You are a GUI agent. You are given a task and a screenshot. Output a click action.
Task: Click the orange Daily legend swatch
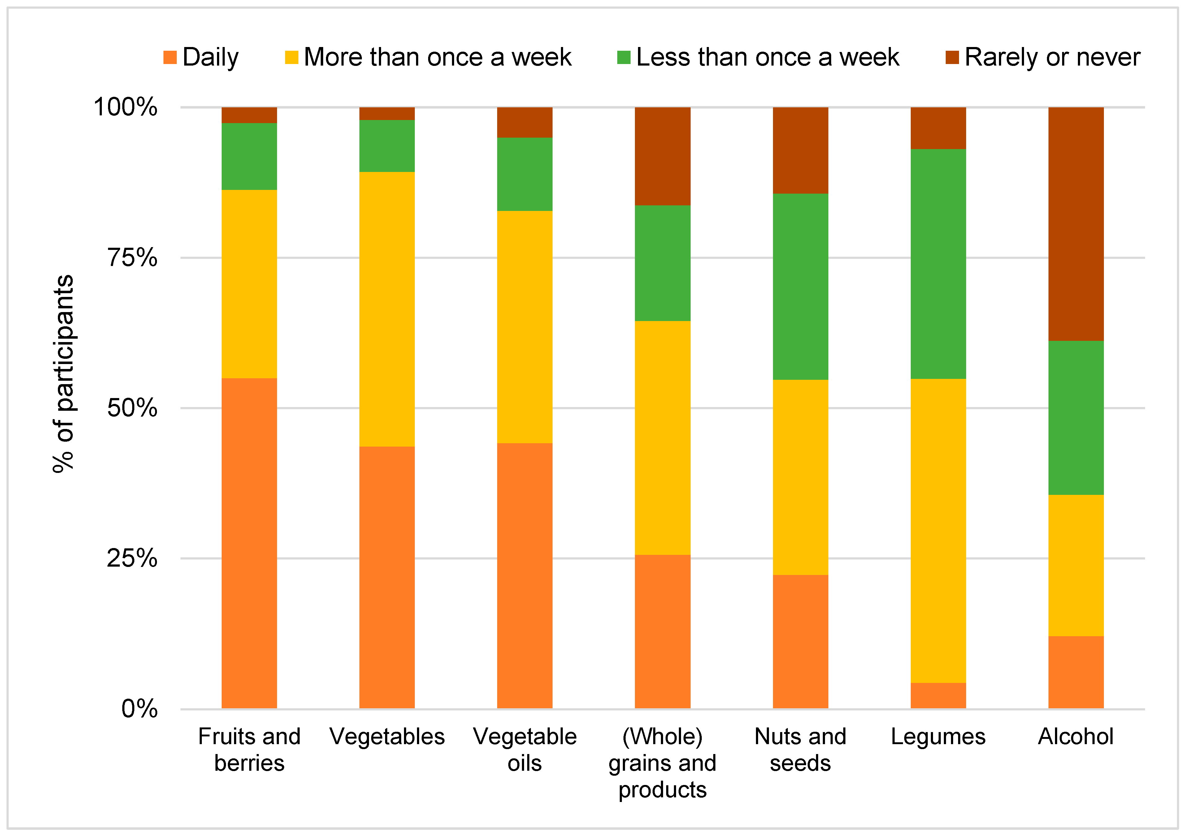[x=170, y=57]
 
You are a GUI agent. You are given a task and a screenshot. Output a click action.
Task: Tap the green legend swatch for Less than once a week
[x=623, y=57]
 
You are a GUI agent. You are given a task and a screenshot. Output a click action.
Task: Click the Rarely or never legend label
[x=1052, y=57]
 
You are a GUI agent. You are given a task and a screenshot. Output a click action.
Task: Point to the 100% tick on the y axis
[x=125, y=107]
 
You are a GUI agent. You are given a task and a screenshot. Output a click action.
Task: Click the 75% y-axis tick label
[x=132, y=257]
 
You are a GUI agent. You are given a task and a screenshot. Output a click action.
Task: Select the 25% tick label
[x=132, y=558]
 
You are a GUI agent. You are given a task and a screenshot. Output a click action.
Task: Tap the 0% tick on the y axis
[x=139, y=709]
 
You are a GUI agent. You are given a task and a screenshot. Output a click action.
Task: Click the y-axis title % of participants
[x=64, y=374]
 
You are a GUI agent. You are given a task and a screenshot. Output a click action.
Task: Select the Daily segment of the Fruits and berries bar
[x=249, y=543]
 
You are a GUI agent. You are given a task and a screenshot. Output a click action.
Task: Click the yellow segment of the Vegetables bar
[x=387, y=309]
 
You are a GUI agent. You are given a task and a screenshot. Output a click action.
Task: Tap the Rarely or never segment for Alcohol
[x=1076, y=224]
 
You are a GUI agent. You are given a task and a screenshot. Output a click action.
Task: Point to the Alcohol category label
[x=1076, y=736]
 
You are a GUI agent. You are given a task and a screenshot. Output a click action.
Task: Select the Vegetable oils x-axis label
[x=524, y=749]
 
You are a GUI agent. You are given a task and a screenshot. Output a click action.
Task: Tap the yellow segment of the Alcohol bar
[x=1076, y=565]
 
